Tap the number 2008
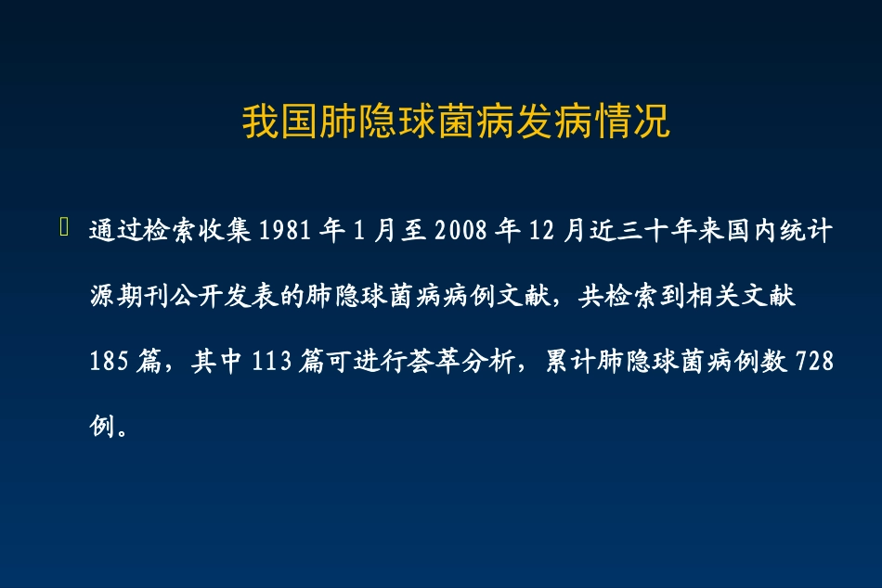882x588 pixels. tap(460, 231)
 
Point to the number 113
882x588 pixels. tap(273, 362)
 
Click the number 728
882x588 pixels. tap(815, 362)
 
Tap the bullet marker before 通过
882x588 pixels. tap(64, 228)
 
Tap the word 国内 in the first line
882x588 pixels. tap(752, 231)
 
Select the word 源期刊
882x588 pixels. tap(130, 297)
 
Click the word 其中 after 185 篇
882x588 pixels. tap(218, 362)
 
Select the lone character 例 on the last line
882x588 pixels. tap(102, 428)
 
